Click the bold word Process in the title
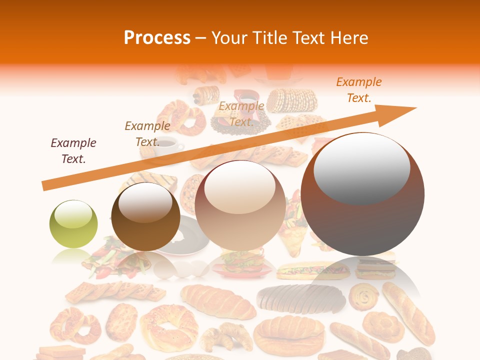157,38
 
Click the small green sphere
73,224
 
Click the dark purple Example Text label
73,150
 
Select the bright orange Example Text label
358,90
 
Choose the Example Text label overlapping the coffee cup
147,133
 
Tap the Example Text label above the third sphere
241,113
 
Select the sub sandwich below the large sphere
313,271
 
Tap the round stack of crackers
291,100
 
